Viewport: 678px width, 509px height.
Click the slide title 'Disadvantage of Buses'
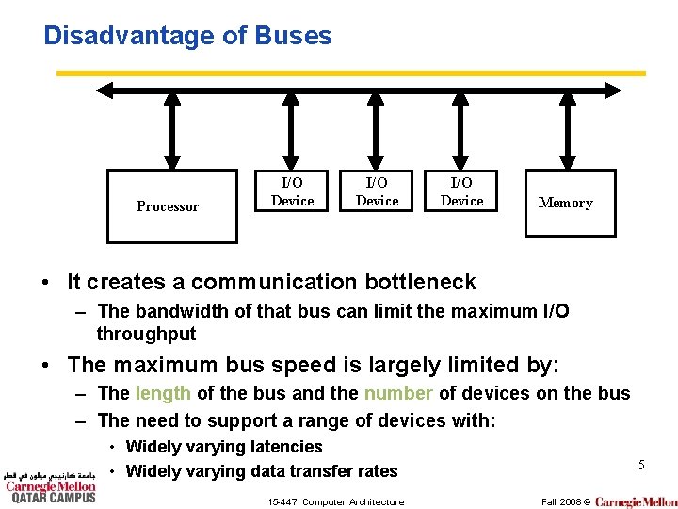187,36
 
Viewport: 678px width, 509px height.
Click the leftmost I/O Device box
292,191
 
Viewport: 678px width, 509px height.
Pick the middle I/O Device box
377,191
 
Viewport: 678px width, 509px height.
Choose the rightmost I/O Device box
461,191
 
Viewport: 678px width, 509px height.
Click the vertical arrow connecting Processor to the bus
172,132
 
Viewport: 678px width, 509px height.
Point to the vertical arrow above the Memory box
566,132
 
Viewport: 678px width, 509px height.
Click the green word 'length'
163,393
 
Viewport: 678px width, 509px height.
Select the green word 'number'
398,393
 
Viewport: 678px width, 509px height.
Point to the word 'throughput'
146,334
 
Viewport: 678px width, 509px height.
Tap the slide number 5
641,465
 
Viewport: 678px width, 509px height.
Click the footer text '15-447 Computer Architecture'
334,501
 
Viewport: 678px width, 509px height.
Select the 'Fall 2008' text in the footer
560,501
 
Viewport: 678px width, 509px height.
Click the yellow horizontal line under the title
351,73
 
